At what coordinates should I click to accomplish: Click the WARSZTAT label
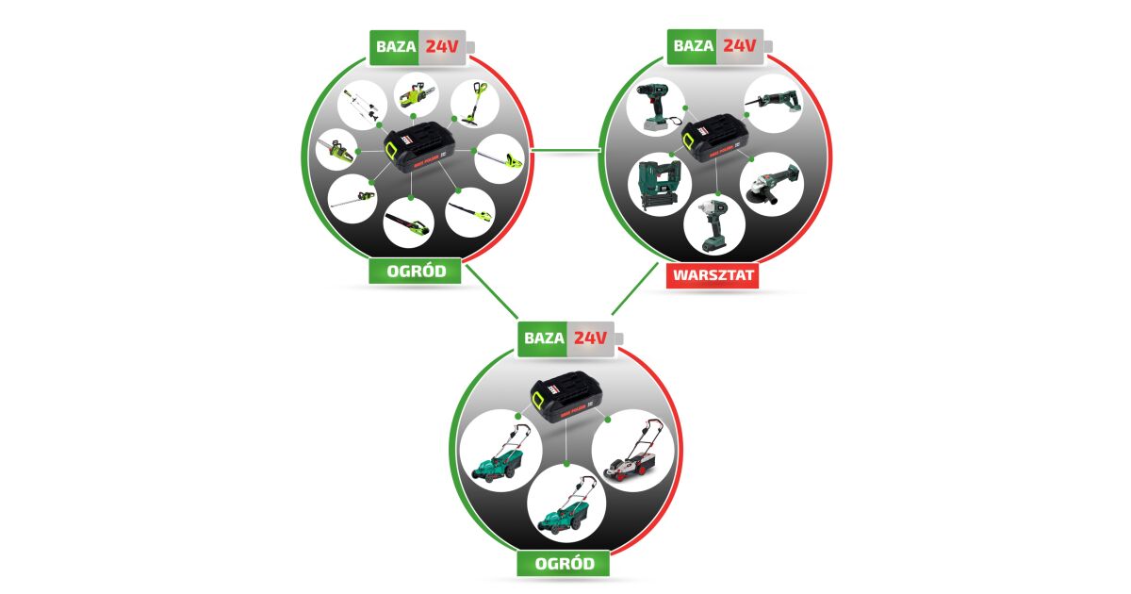(713, 275)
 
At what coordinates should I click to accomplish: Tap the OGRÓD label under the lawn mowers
(564, 564)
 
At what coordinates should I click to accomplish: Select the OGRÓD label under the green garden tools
(416, 272)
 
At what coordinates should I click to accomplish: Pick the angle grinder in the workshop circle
(772, 185)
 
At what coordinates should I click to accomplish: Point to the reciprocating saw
(774, 100)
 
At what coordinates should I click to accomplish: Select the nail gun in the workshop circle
(658, 185)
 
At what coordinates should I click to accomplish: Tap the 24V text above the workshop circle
(740, 44)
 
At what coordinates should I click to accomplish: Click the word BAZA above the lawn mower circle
(544, 338)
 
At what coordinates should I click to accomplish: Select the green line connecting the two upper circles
(565, 149)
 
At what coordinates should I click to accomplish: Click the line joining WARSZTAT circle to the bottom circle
(637, 289)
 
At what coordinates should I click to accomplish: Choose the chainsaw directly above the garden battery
(417, 94)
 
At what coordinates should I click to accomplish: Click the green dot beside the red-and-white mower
(609, 418)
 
